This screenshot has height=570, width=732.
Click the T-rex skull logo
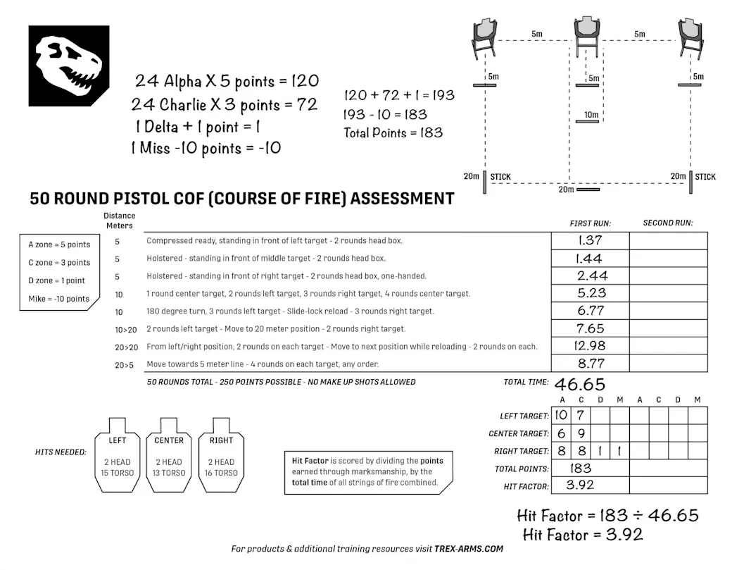click(x=69, y=66)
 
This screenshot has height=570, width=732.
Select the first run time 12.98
click(x=590, y=346)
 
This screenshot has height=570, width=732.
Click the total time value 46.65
click(x=579, y=384)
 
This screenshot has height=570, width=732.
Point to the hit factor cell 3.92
click(x=580, y=485)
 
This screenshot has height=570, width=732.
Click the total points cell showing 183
click(x=581, y=468)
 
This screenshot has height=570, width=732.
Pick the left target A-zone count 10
click(x=560, y=416)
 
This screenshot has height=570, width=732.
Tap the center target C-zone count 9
click(x=581, y=433)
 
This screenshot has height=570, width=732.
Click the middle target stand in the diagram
click(x=587, y=39)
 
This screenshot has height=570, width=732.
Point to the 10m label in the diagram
click(x=591, y=115)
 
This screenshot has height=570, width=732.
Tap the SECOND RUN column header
click(x=668, y=223)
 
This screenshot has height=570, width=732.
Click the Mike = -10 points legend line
click(x=59, y=299)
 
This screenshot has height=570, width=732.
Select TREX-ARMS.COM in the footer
click(x=469, y=549)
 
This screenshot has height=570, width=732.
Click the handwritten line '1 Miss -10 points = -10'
click(x=206, y=148)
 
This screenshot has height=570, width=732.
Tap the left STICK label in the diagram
click(x=500, y=177)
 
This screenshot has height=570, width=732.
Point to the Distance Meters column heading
click(x=119, y=221)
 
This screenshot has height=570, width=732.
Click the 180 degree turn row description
click(x=290, y=311)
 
